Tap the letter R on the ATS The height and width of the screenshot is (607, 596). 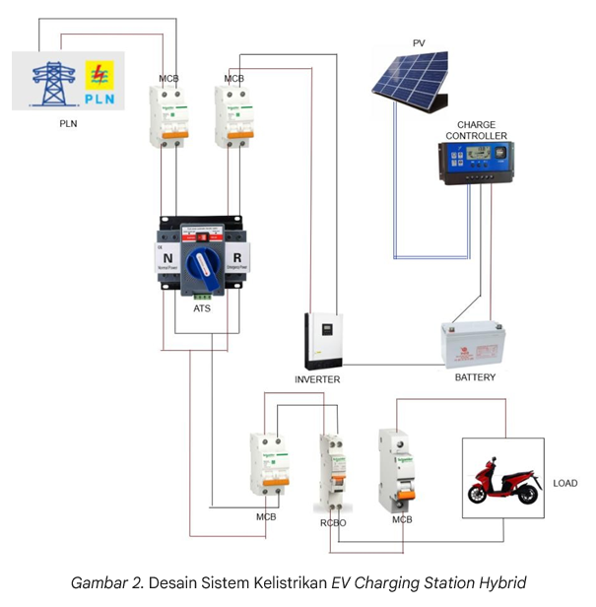point(236,261)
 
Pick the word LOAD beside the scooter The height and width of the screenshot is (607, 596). point(565,484)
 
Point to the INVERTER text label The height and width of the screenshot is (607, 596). point(317,379)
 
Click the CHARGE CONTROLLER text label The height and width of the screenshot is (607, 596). point(477,129)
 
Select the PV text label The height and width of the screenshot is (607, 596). point(419,42)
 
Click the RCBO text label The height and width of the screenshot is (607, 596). point(332,522)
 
